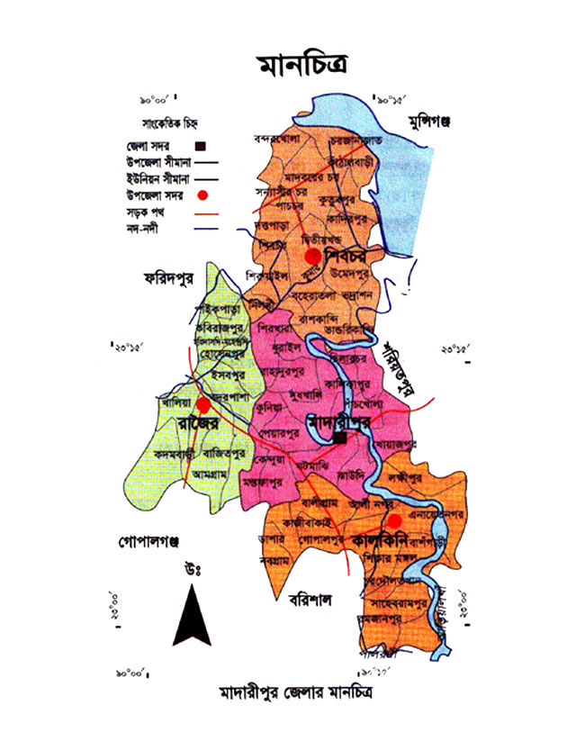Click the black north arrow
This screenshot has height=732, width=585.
[x=191, y=614]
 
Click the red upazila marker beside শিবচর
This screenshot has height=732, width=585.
[x=313, y=257]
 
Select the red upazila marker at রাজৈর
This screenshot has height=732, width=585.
[x=204, y=405]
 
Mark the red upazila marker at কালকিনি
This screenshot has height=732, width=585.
[x=394, y=520]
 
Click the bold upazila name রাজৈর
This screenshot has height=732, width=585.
[x=186, y=421]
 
